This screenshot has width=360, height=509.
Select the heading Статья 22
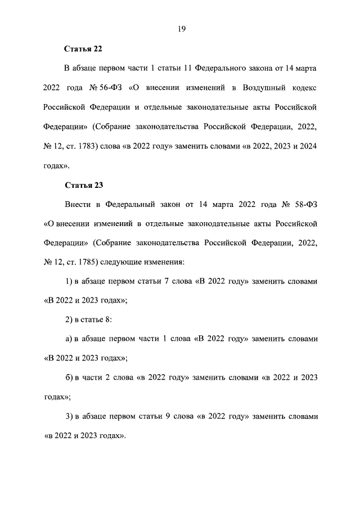coord(83,49)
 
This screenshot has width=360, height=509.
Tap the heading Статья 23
coord(83,184)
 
